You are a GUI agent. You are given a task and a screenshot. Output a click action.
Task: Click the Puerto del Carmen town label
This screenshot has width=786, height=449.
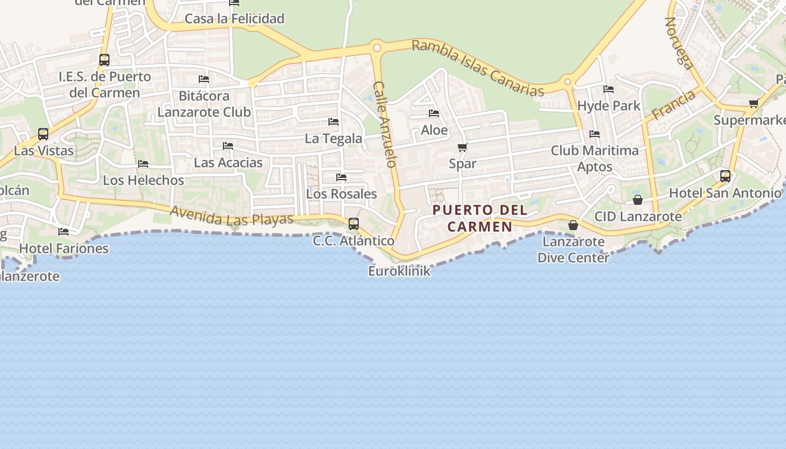[x=480, y=218]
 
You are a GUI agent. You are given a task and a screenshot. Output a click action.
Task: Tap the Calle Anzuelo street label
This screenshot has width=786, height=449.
[x=385, y=125]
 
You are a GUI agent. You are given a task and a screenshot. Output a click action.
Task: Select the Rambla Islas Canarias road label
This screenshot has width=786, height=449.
[x=478, y=68]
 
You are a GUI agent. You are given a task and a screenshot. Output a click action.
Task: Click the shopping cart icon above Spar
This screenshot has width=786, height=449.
[x=463, y=148]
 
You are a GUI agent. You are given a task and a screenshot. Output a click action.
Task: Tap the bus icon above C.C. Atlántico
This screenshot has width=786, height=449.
[x=354, y=223]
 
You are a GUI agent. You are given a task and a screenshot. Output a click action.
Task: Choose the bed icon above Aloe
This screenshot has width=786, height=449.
[x=434, y=113]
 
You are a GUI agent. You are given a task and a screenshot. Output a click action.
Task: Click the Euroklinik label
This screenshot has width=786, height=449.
[x=399, y=271]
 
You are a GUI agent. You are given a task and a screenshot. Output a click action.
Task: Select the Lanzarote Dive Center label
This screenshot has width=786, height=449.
[x=573, y=250]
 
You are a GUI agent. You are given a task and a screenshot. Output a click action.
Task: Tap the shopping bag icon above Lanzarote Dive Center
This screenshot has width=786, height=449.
[x=573, y=225]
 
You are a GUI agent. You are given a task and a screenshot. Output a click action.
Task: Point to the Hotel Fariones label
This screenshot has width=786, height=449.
[x=64, y=248]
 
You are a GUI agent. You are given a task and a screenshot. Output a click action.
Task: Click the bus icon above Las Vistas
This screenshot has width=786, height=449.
[x=43, y=134]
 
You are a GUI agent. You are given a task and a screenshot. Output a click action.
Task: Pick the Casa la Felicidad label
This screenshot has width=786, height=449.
[x=235, y=19]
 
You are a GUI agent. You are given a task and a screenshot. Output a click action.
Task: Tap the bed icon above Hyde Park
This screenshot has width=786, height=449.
[x=609, y=89]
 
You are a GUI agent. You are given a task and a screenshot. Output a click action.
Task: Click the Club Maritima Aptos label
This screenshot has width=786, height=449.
[x=595, y=158]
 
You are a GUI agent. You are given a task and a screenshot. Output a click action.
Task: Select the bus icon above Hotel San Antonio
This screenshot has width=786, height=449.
[x=725, y=176]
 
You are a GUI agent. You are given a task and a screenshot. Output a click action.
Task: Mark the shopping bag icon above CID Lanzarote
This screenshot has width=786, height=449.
[x=638, y=200]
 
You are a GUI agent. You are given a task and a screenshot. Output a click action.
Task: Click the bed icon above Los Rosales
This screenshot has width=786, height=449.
[x=341, y=177]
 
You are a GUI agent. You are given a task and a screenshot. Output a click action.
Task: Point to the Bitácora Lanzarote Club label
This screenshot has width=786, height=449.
[x=204, y=104]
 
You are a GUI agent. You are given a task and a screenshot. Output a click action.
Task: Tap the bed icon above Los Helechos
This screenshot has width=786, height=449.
[x=143, y=164]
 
